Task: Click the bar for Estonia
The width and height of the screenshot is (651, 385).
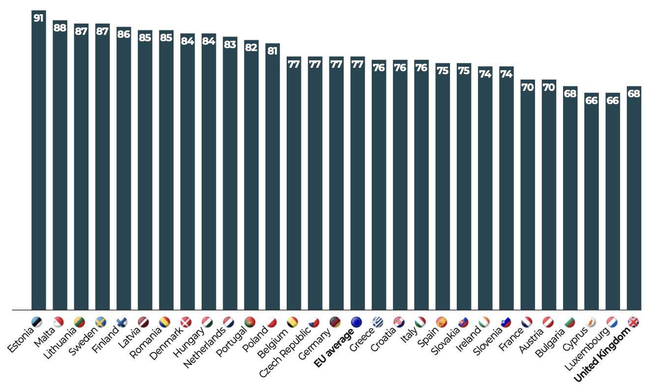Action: click(x=38, y=162)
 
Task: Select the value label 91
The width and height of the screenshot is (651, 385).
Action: click(x=38, y=18)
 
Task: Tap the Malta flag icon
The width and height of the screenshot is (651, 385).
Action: click(x=59, y=322)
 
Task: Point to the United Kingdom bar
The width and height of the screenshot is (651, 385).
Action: click(x=634, y=201)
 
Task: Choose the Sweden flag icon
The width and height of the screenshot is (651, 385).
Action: click(x=101, y=322)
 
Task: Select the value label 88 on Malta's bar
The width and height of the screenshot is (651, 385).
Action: click(x=60, y=28)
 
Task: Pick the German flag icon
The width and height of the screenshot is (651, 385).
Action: click(x=335, y=322)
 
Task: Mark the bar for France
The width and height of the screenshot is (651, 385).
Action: click(x=528, y=196)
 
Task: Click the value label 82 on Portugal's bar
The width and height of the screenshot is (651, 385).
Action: click(x=251, y=48)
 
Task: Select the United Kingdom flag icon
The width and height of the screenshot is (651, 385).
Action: click(x=634, y=322)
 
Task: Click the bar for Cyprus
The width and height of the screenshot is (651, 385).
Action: click(x=592, y=201)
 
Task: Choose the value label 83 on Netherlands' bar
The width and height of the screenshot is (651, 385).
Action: click(x=230, y=44)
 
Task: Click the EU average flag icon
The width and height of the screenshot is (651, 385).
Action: click(x=356, y=322)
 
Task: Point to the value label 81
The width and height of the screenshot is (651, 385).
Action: click(x=272, y=51)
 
